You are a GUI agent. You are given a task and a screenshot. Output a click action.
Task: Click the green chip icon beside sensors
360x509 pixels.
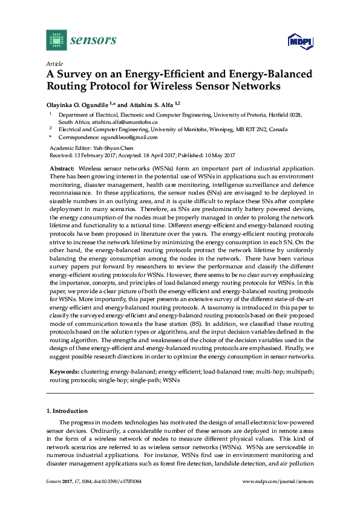[56, 40]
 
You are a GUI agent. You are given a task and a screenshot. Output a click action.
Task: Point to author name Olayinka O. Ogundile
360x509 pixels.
[78, 103]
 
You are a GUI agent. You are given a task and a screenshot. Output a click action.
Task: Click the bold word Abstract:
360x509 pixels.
[62, 167]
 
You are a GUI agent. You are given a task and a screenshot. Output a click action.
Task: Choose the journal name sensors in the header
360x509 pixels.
[93, 41]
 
